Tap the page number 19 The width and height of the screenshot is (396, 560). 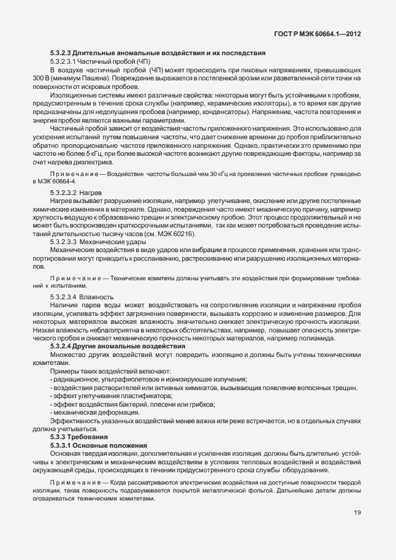tap(357, 513)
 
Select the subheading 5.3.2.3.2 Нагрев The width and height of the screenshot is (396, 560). tap(80, 193)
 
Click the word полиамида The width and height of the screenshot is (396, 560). tap(318, 338)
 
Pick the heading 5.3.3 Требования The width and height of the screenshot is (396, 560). tap(79, 437)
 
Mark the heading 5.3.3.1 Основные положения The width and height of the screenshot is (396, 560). tap(99, 445)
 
